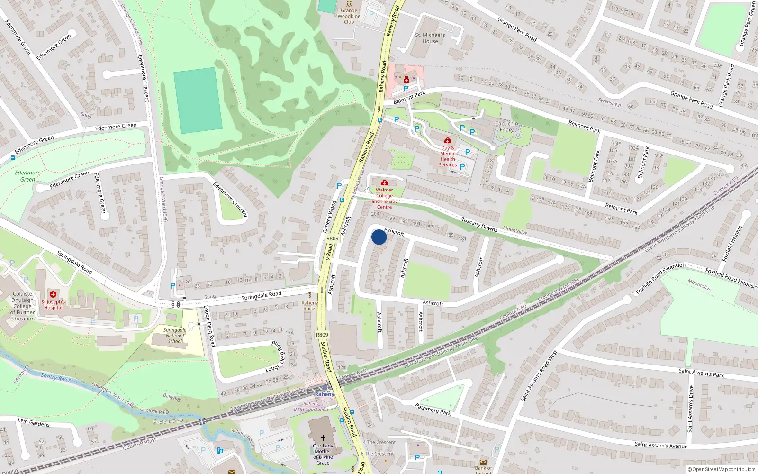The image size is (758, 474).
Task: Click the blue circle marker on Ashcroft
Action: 379,237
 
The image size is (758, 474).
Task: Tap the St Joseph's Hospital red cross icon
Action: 53,294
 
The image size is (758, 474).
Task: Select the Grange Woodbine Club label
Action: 349,16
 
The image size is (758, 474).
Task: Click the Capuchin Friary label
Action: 506,127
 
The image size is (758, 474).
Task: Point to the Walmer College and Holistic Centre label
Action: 384,198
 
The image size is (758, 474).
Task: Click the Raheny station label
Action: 325,394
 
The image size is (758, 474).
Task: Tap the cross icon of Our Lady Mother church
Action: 323,438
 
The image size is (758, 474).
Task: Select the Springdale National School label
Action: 175,336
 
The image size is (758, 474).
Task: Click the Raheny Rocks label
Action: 310,306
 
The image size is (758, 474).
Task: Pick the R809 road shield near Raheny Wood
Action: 333,238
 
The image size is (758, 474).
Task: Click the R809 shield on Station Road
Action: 322,335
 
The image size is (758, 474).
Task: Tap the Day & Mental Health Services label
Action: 448,156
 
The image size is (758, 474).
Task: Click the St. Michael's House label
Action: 430,38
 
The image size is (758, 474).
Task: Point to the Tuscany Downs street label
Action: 479,224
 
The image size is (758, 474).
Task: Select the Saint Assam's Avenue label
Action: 661,445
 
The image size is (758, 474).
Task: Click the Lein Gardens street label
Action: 34,422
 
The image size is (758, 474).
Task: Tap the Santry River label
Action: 55,377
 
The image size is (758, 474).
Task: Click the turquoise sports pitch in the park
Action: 198,100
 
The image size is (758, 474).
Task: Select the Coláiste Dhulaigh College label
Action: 23,306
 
